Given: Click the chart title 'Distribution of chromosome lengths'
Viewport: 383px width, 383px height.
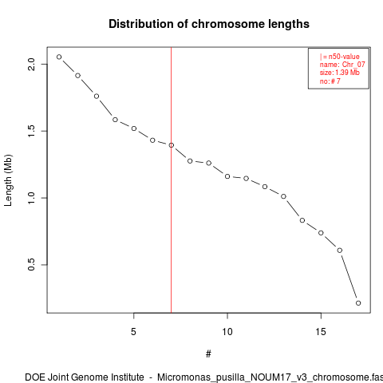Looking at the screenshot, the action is pyautogui.click(x=209, y=24).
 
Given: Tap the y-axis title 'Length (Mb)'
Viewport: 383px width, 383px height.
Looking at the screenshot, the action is pyautogui.click(x=8, y=180).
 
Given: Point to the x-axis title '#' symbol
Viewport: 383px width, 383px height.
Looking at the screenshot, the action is pyautogui.click(x=208, y=354).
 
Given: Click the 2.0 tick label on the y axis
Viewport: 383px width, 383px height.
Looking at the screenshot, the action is pyautogui.click(x=31, y=64).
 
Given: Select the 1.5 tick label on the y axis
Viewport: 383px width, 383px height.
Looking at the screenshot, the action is pyautogui.click(x=31, y=131).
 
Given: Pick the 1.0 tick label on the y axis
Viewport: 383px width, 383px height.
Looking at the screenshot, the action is pyautogui.click(x=31, y=198).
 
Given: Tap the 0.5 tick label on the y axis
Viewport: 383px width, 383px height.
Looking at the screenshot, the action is pyautogui.click(x=31, y=265).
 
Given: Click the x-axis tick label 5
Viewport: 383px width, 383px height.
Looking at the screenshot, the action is pyautogui.click(x=133, y=332).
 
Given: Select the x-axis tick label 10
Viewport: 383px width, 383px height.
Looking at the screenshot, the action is pyautogui.click(x=227, y=332).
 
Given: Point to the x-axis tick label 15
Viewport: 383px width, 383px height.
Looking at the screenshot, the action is pyautogui.click(x=321, y=332).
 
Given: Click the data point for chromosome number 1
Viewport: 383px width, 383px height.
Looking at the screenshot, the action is pyautogui.click(x=59, y=57).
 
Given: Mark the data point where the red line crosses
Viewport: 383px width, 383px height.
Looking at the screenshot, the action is pyautogui.click(x=172, y=145).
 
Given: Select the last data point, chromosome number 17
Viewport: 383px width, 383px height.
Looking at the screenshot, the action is pyautogui.click(x=358, y=303).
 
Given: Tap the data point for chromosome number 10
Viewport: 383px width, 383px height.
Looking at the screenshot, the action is pyautogui.click(x=227, y=176).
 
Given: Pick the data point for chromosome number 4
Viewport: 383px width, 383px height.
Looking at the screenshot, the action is pyautogui.click(x=115, y=120).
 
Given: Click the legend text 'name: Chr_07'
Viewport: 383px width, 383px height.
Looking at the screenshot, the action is pyautogui.click(x=342, y=65).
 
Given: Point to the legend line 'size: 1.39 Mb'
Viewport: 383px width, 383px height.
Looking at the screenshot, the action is pyautogui.click(x=340, y=73).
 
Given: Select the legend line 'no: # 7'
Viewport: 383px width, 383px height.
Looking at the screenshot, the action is pyautogui.click(x=330, y=81).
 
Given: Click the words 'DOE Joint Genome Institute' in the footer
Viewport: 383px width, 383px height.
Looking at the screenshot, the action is pyautogui.click(x=85, y=377).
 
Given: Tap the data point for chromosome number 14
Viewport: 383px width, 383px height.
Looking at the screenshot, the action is pyautogui.click(x=302, y=220).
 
